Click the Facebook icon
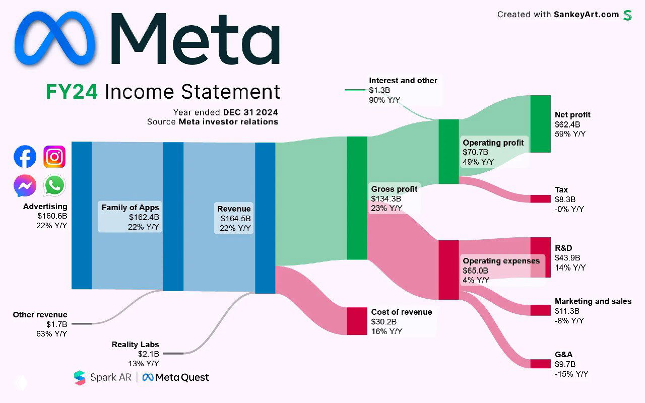coord(25,157)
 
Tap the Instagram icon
coord(54,157)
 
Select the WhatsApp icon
coord(54,185)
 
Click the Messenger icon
coord(25,186)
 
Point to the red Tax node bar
coord(540,198)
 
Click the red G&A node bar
coord(540,364)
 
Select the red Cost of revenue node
coord(357,321)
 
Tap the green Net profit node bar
coord(540,123)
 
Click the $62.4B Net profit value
coord(567,124)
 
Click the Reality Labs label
coord(135,345)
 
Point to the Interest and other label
coord(403,81)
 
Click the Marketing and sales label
coord(593,301)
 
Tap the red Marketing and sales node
coord(540,310)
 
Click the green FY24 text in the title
coord(73,92)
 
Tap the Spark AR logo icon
coord(80,377)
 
